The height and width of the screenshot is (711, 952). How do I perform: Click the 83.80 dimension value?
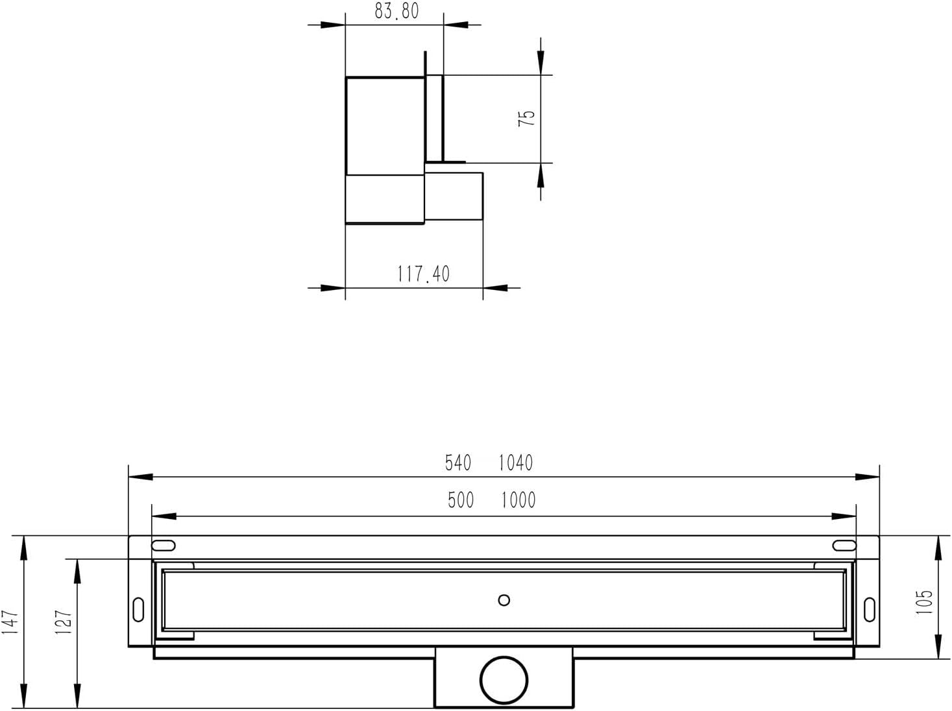click(397, 11)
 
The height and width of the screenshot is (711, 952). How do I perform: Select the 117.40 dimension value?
click(424, 274)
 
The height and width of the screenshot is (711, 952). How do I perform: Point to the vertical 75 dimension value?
click(526, 118)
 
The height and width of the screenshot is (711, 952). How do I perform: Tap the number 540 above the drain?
click(458, 463)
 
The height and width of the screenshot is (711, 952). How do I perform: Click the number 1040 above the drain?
click(516, 463)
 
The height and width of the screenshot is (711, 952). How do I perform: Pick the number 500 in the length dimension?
click(461, 500)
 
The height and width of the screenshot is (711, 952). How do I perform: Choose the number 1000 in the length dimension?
click(519, 500)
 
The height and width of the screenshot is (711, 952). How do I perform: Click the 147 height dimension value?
click(10, 623)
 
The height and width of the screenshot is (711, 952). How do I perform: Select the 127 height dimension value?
click(64, 622)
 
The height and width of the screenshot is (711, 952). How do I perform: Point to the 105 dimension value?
click(924, 602)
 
